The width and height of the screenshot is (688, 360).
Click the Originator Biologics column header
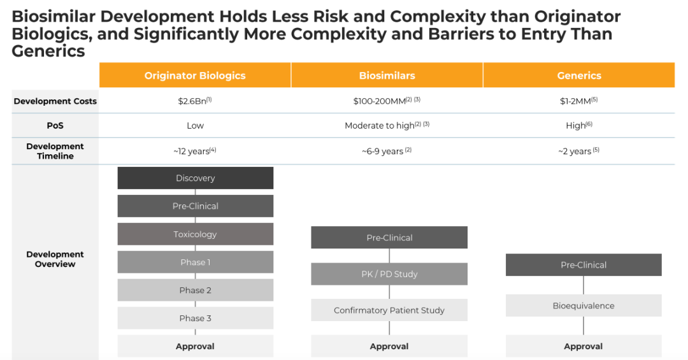[195, 75]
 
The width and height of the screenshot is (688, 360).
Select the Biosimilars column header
[387, 75]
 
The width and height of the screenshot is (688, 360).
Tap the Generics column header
[579, 75]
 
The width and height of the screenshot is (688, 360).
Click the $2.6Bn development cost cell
[195, 101]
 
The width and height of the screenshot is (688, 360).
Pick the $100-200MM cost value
[387, 101]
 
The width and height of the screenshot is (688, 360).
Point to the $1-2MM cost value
[578, 101]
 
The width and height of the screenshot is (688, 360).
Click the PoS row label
[55, 126]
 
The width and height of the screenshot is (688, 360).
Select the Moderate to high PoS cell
[387, 126]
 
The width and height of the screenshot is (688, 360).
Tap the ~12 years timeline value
[195, 151]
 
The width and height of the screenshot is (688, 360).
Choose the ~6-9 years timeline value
[387, 151]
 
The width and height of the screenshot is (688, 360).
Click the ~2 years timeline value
[578, 151]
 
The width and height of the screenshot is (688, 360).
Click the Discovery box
[196, 178]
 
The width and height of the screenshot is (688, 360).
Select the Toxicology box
[196, 234]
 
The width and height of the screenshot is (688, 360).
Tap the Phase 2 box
[196, 290]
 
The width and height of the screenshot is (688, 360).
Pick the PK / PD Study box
[389, 274]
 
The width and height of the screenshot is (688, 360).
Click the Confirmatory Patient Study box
[389, 310]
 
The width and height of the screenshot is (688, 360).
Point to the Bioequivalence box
[584, 306]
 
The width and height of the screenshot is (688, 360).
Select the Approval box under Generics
[584, 346]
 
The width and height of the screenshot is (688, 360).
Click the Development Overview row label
[55, 259]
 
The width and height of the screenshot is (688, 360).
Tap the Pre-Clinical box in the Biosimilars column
[389, 238]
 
